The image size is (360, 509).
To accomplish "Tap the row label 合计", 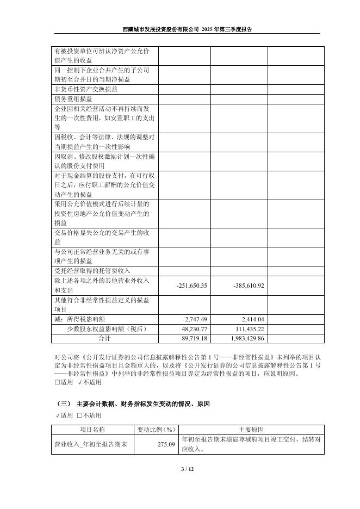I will point(104,338).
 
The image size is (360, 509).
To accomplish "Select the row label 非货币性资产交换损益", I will point(86,89).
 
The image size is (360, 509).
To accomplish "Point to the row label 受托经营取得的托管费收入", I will point(92,270).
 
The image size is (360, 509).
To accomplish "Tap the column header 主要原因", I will point(251,429).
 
